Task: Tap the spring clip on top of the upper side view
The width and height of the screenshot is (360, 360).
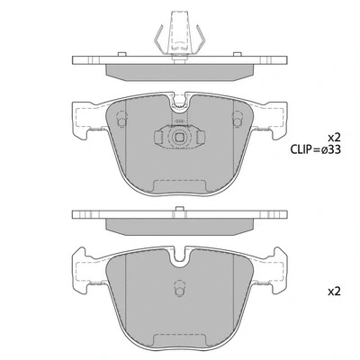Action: [x=179, y=36]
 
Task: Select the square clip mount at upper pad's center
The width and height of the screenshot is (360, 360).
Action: [x=180, y=139]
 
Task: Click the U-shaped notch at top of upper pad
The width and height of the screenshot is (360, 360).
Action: [x=180, y=104]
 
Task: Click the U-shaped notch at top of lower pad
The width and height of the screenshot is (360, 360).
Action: [x=180, y=256]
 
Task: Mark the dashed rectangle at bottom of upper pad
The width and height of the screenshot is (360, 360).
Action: [x=180, y=185]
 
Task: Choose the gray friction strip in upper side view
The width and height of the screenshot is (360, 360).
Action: [x=180, y=71]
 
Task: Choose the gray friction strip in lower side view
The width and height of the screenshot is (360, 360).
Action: [x=180, y=225]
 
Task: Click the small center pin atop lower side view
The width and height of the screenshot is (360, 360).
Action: [x=180, y=211]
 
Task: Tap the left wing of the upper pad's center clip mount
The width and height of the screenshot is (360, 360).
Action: [x=163, y=139]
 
